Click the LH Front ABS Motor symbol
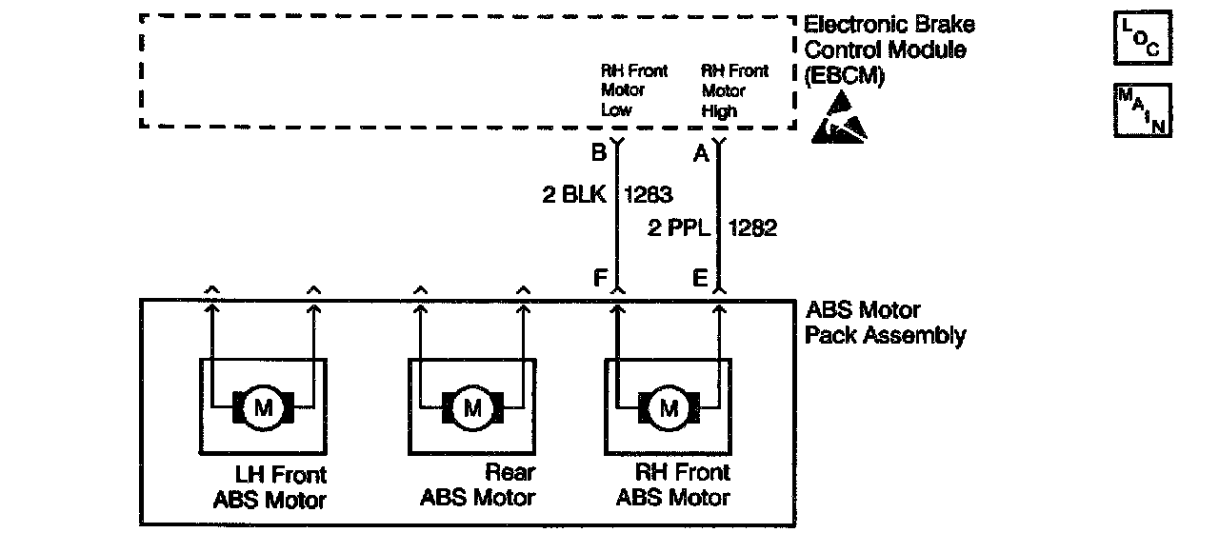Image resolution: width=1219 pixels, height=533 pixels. pos(262,409)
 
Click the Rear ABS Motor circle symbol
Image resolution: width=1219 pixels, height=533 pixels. pos(472,409)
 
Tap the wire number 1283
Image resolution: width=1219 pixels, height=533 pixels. pos(648,195)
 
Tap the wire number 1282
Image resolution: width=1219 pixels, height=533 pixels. pos(752,228)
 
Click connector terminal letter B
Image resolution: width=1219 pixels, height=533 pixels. pos(599,154)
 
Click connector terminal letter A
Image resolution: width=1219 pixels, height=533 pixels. pos(701,154)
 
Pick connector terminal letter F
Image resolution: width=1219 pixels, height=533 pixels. pos(600,279)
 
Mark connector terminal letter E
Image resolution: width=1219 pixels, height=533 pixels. pos(701,279)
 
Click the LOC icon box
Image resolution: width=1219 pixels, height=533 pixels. pos(1142,39)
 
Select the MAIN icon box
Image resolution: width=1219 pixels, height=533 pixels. pos(1142,110)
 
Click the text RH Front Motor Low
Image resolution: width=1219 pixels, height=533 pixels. pos(633,90)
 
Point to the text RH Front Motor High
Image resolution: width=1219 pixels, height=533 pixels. pos(734,90)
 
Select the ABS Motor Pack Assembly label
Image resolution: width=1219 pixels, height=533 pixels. pos(886,324)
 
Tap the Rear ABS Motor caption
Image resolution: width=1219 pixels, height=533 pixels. pos(478,484)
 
